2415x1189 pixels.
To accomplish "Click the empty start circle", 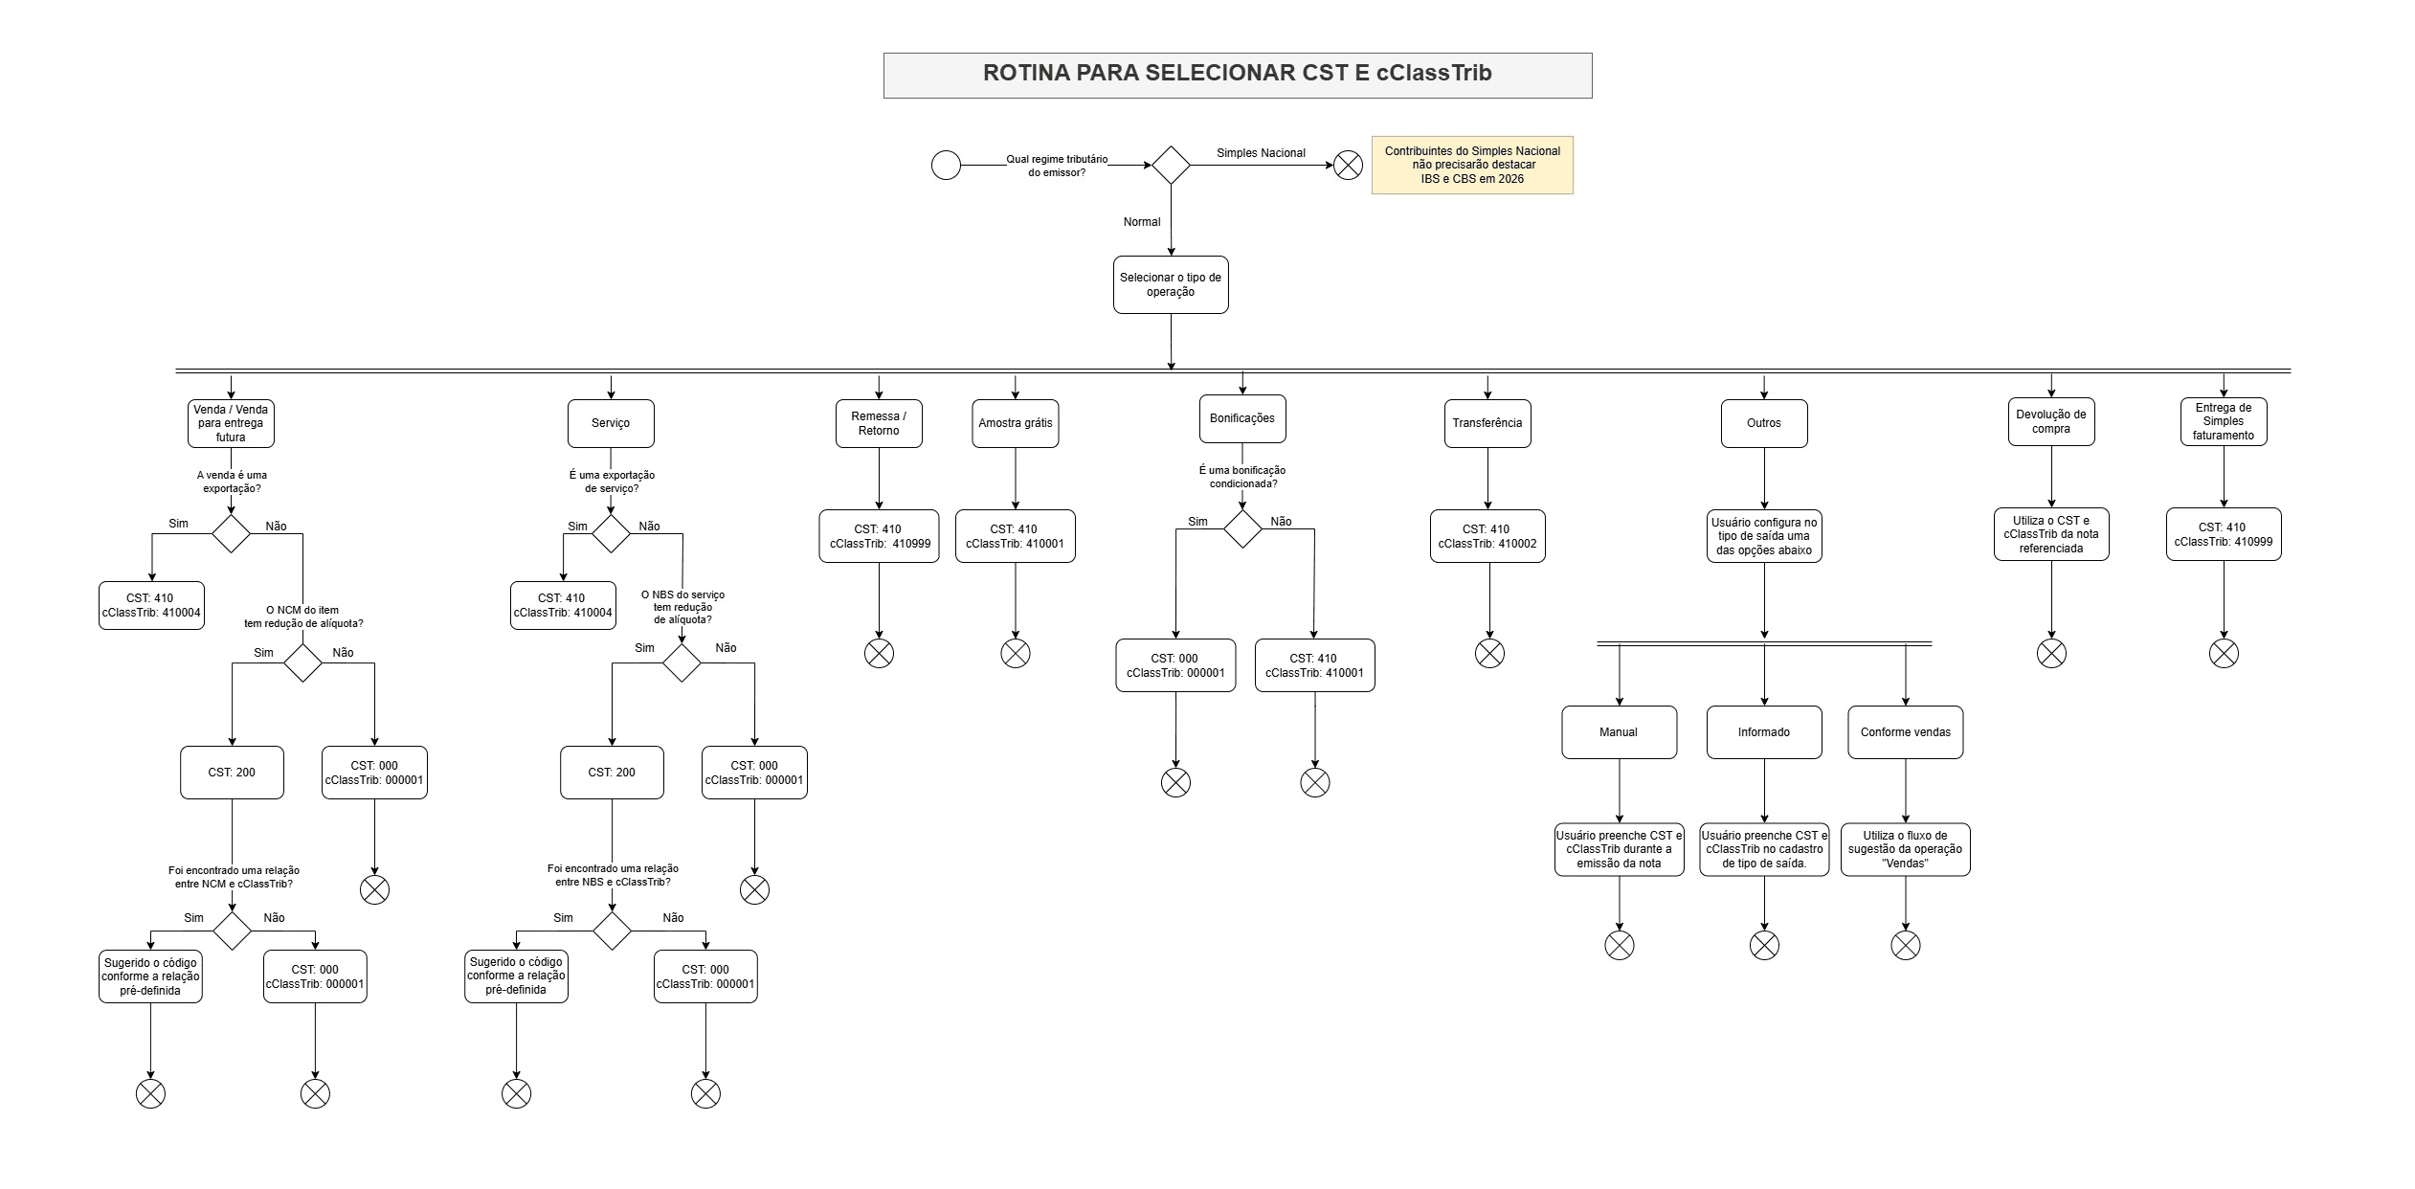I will (x=946, y=166).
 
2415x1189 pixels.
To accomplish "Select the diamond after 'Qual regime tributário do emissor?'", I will (x=1170, y=166).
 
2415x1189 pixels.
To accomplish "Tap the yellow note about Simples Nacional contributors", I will (x=1471, y=166).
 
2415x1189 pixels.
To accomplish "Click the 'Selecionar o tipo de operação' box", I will (x=1170, y=284).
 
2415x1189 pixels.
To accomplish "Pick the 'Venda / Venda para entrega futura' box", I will (x=231, y=423).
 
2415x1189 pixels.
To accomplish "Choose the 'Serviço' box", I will (x=611, y=423).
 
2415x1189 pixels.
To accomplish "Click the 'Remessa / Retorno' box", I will (x=879, y=423).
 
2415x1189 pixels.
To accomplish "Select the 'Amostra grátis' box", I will (x=1015, y=423).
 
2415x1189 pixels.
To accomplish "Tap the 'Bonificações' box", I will (x=1241, y=418).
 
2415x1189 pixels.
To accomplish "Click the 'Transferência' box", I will (x=1487, y=423).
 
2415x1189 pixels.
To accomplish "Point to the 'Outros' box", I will (x=1763, y=423).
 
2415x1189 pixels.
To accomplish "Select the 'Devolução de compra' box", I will (x=2050, y=421).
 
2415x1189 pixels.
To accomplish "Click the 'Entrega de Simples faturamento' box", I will (x=2223, y=421).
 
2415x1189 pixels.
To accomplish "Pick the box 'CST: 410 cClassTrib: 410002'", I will (x=1487, y=536).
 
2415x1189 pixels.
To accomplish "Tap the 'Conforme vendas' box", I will (x=1905, y=732).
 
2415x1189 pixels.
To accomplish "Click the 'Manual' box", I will (x=1619, y=732).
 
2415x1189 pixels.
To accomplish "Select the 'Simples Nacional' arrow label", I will (x=1261, y=153).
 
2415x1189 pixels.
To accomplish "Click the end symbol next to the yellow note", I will (x=1348, y=166).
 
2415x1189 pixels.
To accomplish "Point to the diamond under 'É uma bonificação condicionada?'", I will (x=1242, y=529).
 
